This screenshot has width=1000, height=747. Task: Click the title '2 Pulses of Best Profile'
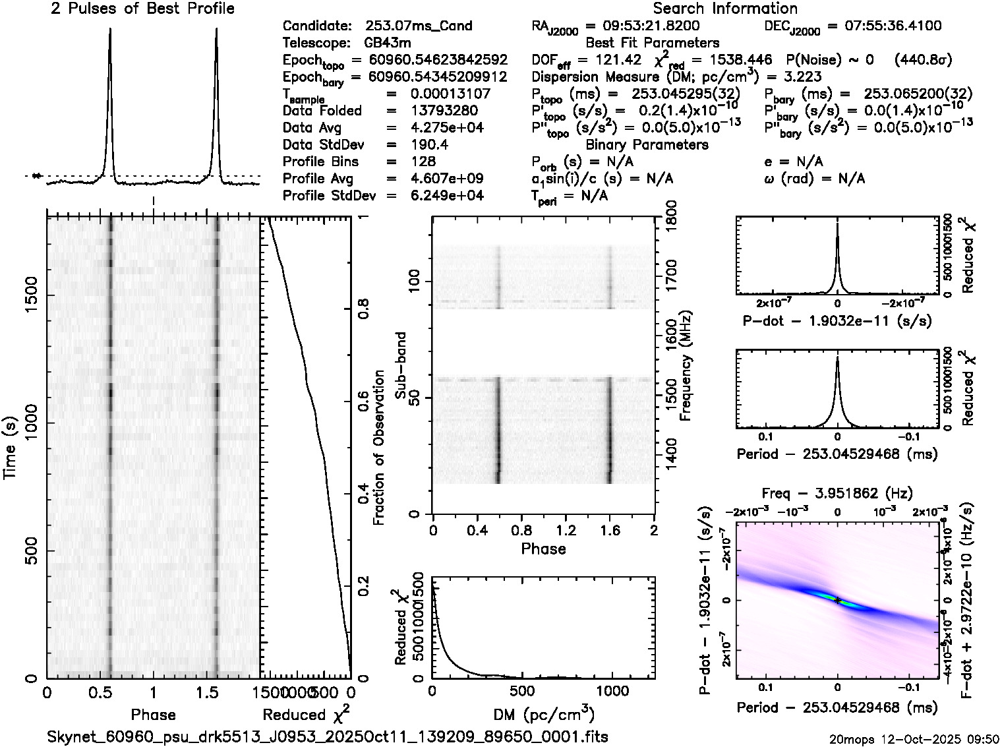pyautogui.click(x=142, y=9)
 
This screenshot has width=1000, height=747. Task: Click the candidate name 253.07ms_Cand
pyautogui.click(x=418, y=26)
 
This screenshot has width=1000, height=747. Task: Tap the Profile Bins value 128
pyautogui.click(x=423, y=162)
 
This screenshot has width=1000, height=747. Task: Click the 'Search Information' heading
pyautogui.click(x=725, y=9)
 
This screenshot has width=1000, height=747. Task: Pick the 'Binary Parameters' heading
pyautogui.click(x=647, y=144)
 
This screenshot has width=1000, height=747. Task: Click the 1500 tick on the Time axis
pyautogui.click(x=30, y=298)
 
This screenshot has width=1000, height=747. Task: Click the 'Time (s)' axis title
pyautogui.click(x=11, y=448)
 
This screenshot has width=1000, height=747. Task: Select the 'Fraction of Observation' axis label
pyautogui.click(x=378, y=448)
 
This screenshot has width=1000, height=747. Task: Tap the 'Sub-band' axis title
pyautogui.click(x=400, y=366)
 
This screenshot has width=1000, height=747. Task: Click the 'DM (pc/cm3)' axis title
pyautogui.click(x=543, y=714)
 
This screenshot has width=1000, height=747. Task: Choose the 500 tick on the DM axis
pyautogui.click(x=522, y=690)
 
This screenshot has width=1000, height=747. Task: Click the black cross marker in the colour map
pyautogui.click(x=837, y=600)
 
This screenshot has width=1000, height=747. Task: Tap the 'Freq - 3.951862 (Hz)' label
pyautogui.click(x=837, y=493)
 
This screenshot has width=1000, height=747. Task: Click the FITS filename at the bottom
pyautogui.click(x=328, y=736)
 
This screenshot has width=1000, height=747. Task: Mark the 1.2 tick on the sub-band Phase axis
pyautogui.click(x=566, y=530)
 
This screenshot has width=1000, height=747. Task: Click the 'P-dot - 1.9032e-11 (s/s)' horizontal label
pyautogui.click(x=837, y=321)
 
